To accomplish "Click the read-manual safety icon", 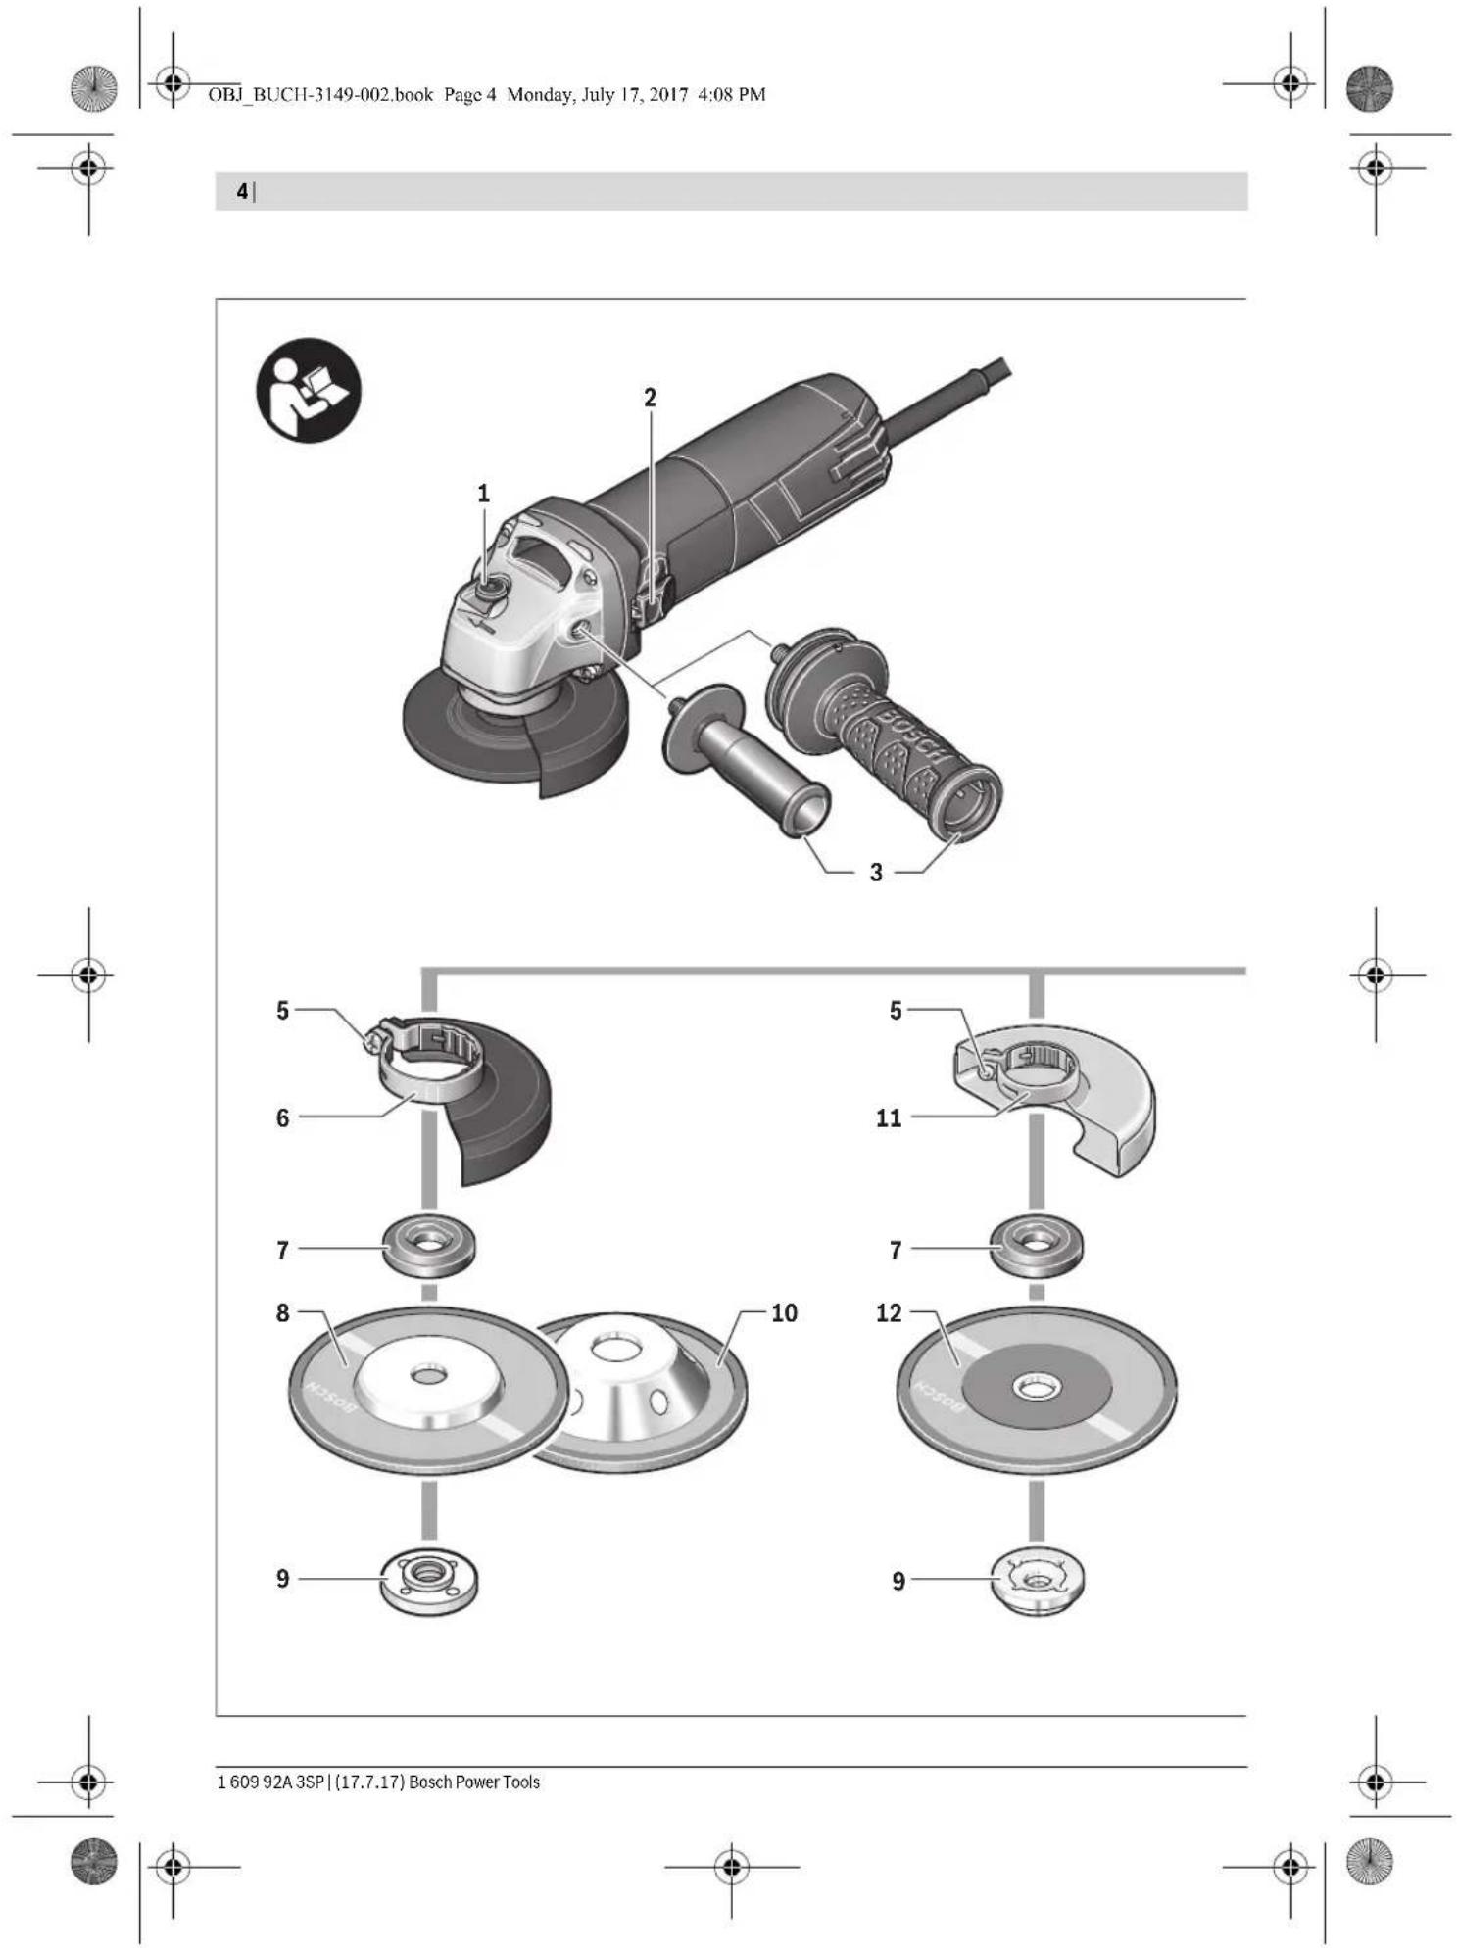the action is pyautogui.click(x=309, y=390).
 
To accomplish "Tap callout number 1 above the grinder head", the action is pyautogui.click(x=483, y=494).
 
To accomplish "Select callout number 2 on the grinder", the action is pyautogui.click(x=650, y=398).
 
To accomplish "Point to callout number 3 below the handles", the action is pyautogui.click(x=876, y=872).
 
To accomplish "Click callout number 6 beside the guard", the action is pyautogui.click(x=282, y=1117).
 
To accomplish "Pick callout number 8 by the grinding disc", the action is pyautogui.click(x=282, y=1312).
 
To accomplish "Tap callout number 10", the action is pyautogui.click(x=784, y=1312).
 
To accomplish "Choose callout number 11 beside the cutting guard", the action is pyautogui.click(x=889, y=1117).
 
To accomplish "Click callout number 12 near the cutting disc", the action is pyautogui.click(x=889, y=1312).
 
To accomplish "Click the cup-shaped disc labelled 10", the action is pyautogui.click(x=642, y=1391).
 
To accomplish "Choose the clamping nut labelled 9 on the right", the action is pyautogui.click(x=1038, y=1580).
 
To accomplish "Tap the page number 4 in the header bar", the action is pyautogui.click(x=242, y=192).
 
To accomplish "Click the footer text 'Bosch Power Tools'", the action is pyautogui.click(x=474, y=1782).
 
